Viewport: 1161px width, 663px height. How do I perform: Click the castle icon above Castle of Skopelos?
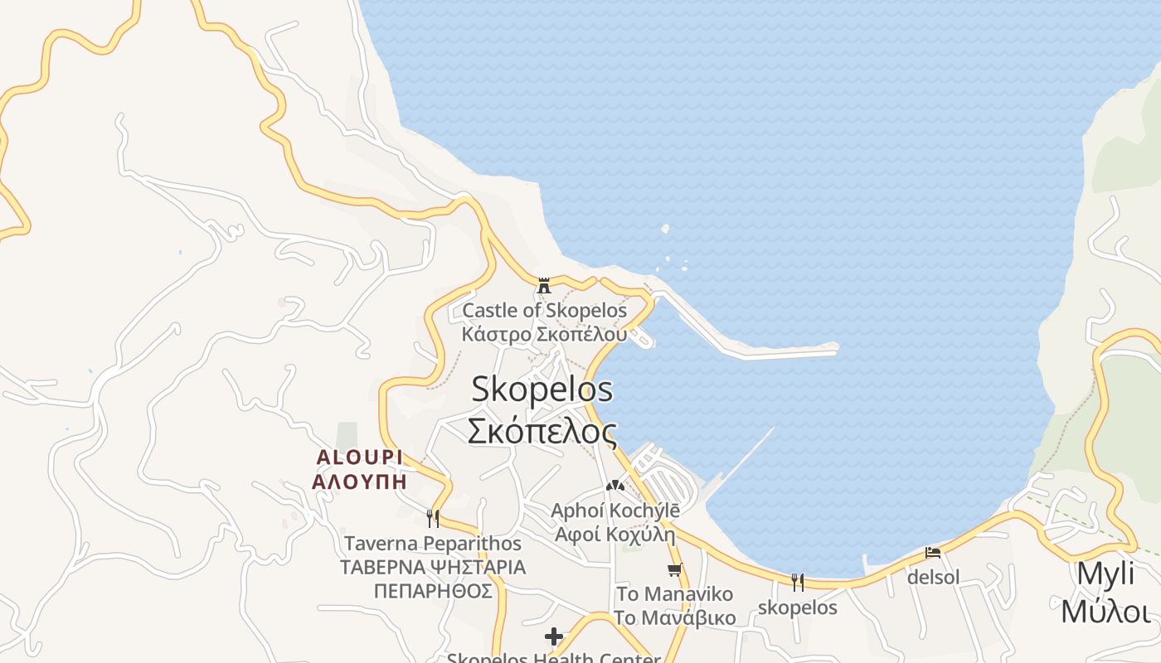(x=544, y=285)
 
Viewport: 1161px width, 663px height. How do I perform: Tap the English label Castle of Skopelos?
(x=545, y=311)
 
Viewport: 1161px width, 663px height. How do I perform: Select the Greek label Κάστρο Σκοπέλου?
(x=545, y=334)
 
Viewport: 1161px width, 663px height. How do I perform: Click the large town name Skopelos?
(x=542, y=389)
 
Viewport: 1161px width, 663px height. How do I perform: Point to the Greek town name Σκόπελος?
(x=542, y=431)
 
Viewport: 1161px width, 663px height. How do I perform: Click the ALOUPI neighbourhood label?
(x=359, y=457)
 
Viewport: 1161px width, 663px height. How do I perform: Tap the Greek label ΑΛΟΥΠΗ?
(x=359, y=481)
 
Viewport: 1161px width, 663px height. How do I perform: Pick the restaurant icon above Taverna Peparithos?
(x=432, y=519)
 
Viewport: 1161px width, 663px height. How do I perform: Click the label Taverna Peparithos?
(x=433, y=544)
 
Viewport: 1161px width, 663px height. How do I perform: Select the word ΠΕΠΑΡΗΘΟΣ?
(x=433, y=591)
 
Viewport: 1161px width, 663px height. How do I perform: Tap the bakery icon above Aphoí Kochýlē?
(x=615, y=486)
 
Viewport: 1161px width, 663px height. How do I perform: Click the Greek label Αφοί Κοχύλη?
(x=615, y=534)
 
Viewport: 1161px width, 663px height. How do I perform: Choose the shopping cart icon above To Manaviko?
(x=674, y=569)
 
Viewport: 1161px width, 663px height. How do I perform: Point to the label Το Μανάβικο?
(x=674, y=618)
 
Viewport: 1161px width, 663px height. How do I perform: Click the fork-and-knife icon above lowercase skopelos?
(x=797, y=582)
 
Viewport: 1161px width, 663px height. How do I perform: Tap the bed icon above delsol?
(x=933, y=552)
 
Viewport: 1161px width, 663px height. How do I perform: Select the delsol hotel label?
(x=933, y=577)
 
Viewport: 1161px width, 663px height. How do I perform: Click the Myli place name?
(x=1105, y=573)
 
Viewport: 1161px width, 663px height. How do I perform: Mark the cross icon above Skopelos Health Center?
(x=554, y=636)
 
